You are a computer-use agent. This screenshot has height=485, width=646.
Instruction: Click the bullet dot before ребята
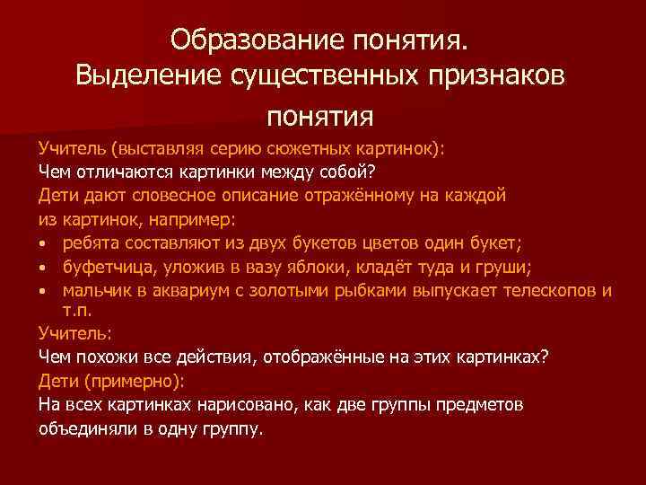[x=44, y=244]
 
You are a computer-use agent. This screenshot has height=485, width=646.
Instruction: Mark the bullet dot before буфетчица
[x=44, y=268]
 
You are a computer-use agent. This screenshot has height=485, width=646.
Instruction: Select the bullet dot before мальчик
[x=44, y=291]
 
